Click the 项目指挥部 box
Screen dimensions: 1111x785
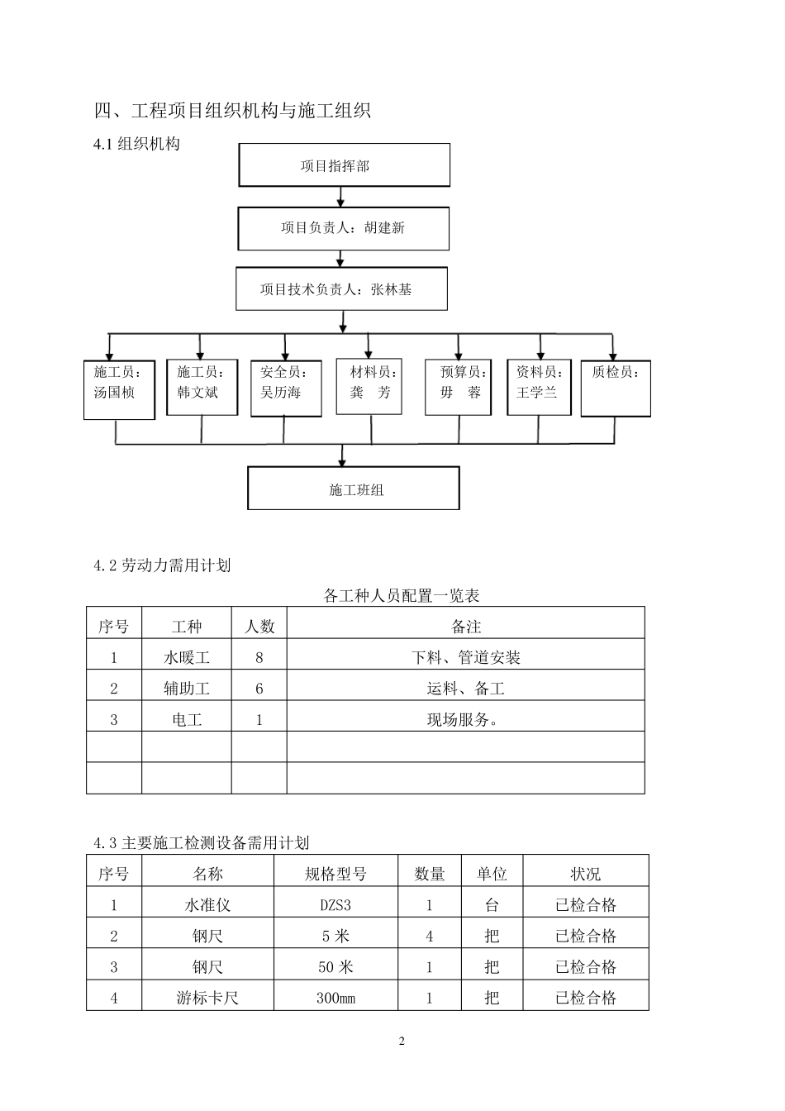[344, 165]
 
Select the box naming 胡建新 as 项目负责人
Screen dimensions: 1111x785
[343, 228]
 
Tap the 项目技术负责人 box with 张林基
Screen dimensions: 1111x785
[340, 288]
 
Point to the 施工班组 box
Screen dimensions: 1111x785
[353, 489]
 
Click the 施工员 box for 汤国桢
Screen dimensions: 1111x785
[119, 389]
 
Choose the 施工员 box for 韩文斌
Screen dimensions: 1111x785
[202, 387]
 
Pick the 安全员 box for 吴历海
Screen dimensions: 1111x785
[285, 387]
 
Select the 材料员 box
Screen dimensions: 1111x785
[369, 385]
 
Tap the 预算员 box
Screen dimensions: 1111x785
[458, 386]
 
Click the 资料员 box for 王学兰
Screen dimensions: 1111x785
[539, 386]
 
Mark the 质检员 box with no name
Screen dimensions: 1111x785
[615, 388]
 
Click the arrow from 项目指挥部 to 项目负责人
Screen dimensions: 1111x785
[340, 197]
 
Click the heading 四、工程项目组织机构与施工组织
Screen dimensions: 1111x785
[232, 110]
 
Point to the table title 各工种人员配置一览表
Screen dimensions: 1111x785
[402, 595]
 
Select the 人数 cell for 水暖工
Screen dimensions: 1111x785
[259, 658]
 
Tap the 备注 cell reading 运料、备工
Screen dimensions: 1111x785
[465, 689]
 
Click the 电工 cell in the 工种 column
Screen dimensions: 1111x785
[187, 720]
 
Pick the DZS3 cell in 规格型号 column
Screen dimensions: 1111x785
[335, 905]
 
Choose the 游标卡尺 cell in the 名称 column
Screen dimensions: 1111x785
[207, 998]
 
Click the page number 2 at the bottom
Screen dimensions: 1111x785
[402, 1042]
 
